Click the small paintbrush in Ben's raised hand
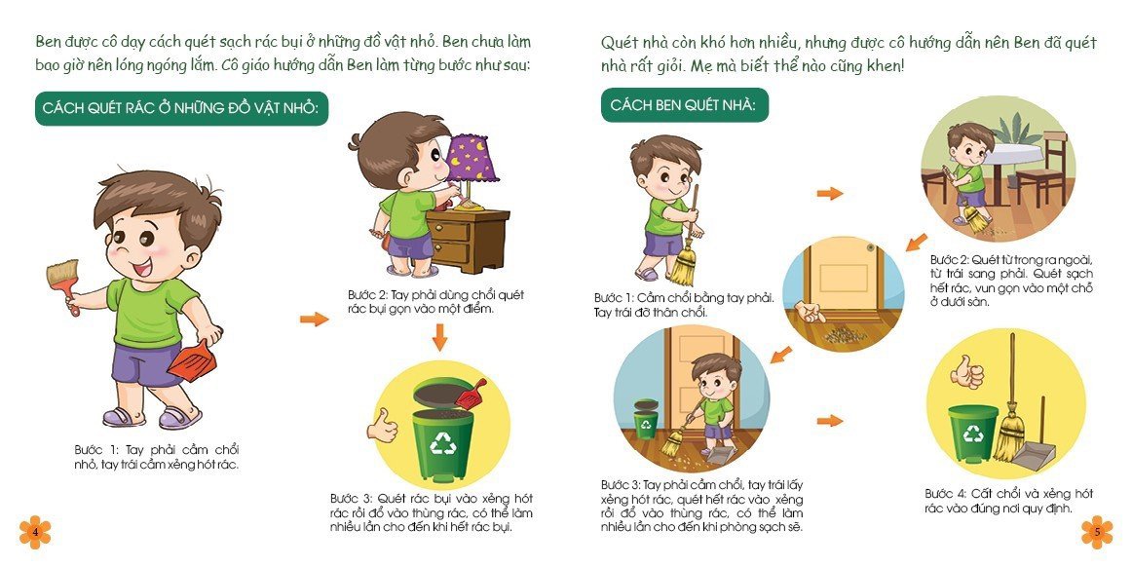(62, 283)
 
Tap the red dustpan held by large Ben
(193, 360)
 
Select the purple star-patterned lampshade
(472, 159)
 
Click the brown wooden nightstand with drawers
(467, 241)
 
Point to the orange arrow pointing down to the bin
(439, 336)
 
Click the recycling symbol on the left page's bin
(443, 442)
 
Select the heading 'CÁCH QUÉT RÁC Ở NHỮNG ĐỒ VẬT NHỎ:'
(181, 108)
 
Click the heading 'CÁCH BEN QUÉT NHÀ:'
(684, 105)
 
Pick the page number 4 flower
(35, 532)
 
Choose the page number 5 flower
(1097, 532)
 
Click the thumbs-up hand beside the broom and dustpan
(967, 372)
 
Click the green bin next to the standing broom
(972, 433)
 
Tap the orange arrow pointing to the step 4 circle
(830, 421)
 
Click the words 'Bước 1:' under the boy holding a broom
(613, 298)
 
